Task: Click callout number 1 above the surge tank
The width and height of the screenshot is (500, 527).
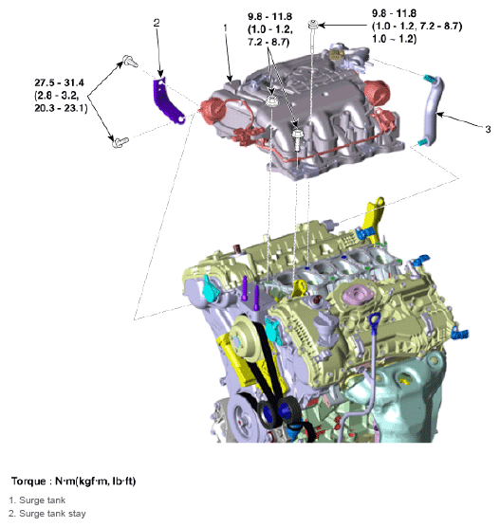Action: click(225, 29)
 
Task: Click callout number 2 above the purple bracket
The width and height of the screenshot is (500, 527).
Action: click(157, 23)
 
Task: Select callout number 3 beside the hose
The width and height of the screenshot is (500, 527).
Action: click(488, 128)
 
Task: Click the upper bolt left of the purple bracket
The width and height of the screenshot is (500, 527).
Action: click(126, 63)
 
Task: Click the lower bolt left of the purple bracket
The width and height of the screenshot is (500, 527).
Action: click(120, 143)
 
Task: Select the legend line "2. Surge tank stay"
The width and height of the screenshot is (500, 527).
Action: click(50, 514)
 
